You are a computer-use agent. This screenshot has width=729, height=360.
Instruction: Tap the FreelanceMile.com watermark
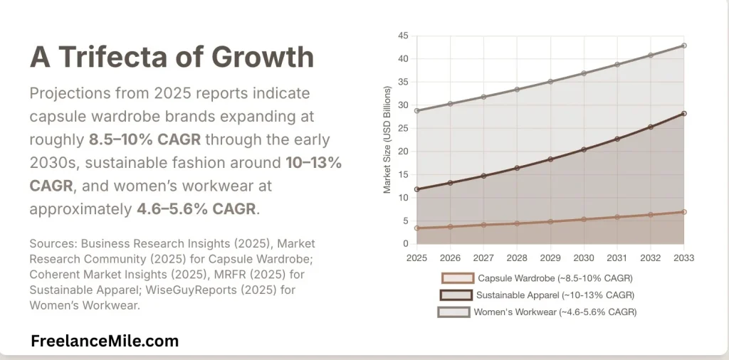click(105, 342)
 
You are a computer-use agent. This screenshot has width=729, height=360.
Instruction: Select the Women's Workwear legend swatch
click(453, 312)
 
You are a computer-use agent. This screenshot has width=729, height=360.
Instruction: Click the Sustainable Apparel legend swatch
click(457, 295)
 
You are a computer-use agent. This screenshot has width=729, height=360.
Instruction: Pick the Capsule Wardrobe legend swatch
click(457, 278)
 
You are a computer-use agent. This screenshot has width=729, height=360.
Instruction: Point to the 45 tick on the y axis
click(403, 36)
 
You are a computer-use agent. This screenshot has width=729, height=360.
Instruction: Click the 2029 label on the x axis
click(550, 257)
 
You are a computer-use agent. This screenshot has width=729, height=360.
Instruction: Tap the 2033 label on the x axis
click(683, 257)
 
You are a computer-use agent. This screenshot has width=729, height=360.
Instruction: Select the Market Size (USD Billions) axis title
click(388, 139)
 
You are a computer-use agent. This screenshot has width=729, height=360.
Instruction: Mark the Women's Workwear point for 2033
click(683, 46)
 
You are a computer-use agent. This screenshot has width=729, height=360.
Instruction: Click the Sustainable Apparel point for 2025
click(416, 189)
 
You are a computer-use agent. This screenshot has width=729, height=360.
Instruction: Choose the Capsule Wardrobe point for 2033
click(683, 212)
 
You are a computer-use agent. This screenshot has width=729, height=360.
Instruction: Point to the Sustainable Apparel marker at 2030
click(584, 149)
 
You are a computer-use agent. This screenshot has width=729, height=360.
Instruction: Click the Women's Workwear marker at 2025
click(416, 110)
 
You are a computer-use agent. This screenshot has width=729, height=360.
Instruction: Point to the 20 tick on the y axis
click(403, 152)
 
